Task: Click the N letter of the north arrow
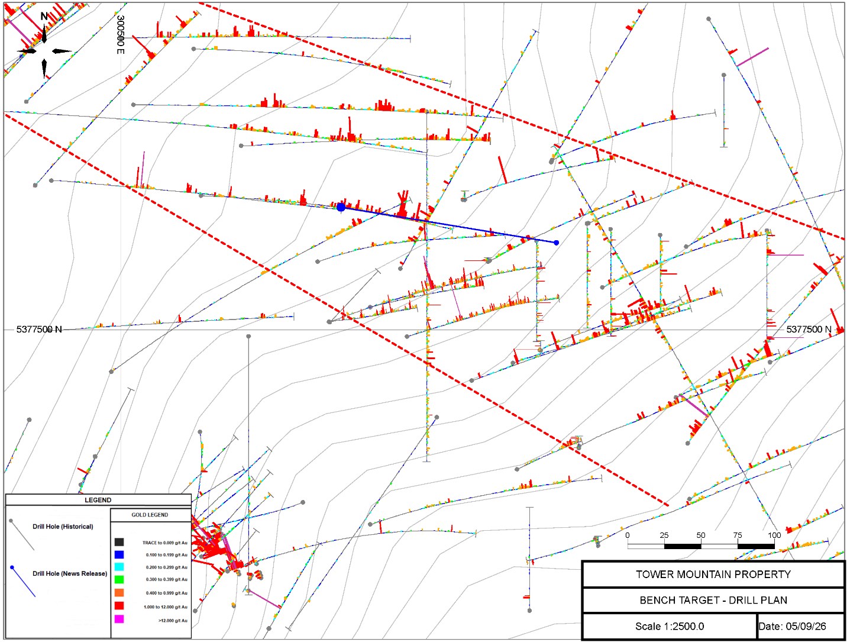[44, 17]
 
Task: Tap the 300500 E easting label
[121, 35]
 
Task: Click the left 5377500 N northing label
[39, 330]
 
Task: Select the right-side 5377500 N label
[809, 330]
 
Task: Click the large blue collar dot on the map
[341, 207]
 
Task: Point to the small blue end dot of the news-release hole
[556, 243]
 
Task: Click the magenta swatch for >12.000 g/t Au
[119, 619]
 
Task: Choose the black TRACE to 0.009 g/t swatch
[119, 542]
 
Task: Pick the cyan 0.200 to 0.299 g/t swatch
[119, 567]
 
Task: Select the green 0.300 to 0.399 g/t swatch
[119, 579]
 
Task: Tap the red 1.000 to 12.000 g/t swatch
[119, 605]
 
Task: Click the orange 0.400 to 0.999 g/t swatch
[119, 592]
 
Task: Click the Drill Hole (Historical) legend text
[63, 527]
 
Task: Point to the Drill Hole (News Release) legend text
[70, 574]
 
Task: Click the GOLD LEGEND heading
[150, 515]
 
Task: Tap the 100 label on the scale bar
[774, 535]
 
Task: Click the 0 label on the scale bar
[628, 535]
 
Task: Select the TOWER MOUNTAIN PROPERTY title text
[713, 575]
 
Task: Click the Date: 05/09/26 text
[792, 626]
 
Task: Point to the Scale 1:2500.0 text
[670, 626]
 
